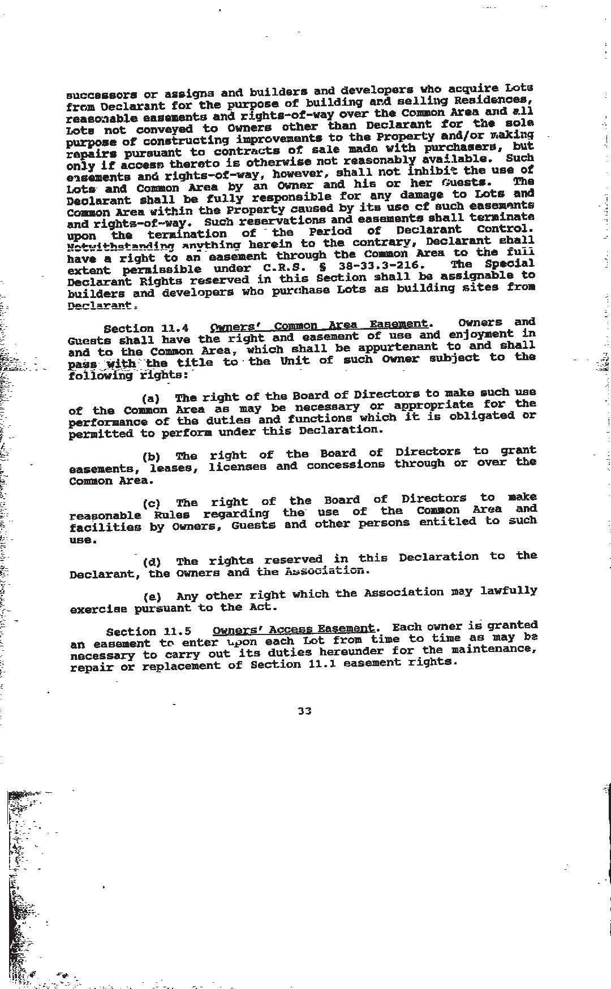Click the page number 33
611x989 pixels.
tap(304, 711)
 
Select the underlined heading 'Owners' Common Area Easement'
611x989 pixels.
tap(319, 325)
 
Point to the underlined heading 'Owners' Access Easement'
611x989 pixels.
tap(293, 629)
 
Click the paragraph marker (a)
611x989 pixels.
tap(151, 398)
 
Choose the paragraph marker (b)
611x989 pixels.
tap(151, 456)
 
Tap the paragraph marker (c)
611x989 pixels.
tap(152, 503)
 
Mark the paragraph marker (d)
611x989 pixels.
tap(152, 562)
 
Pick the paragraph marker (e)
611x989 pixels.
tap(152, 597)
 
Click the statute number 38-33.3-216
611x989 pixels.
tap(378, 266)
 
